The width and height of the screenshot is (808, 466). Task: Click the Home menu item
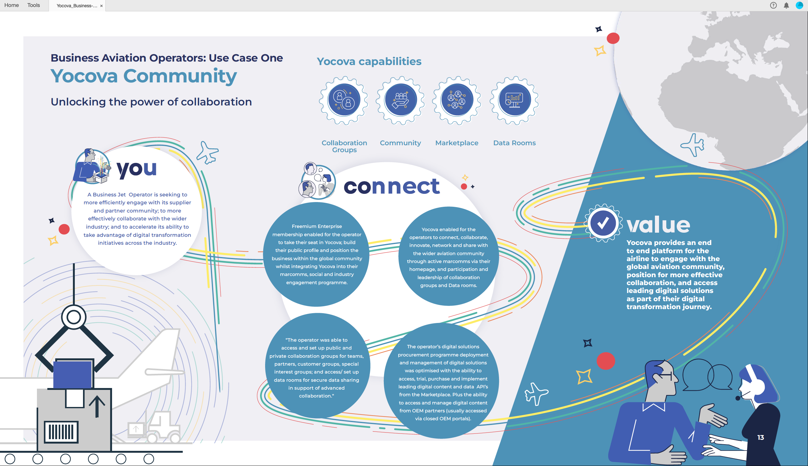pyautogui.click(x=11, y=5)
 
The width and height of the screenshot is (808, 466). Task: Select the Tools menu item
pyautogui.click(x=33, y=5)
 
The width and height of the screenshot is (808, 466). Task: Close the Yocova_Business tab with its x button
pyautogui.click(x=101, y=6)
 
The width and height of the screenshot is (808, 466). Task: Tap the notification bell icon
pyautogui.click(x=786, y=5)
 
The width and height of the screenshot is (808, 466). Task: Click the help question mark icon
pyautogui.click(x=773, y=5)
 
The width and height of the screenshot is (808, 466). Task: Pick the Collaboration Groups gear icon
pyautogui.click(x=344, y=100)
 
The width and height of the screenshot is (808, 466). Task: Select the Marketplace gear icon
pyautogui.click(x=457, y=100)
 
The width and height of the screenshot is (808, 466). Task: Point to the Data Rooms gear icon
pyautogui.click(x=514, y=100)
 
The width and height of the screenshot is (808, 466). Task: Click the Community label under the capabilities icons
pyautogui.click(x=400, y=143)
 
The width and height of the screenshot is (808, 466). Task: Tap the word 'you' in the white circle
pyautogui.click(x=137, y=169)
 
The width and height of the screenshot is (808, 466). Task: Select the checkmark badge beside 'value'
pyautogui.click(x=603, y=223)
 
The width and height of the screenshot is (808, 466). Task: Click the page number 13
pyautogui.click(x=761, y=438)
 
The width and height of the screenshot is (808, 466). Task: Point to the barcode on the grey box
pyautogui.click(x=61, y=432)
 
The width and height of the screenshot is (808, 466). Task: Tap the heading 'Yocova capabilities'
pyautogui.click(x=369, y=62)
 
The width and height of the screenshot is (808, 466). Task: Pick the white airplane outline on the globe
pyautogui.click(x=693, y=145)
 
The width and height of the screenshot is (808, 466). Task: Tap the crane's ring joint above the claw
pyautogui.click(x=74, y=317)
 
